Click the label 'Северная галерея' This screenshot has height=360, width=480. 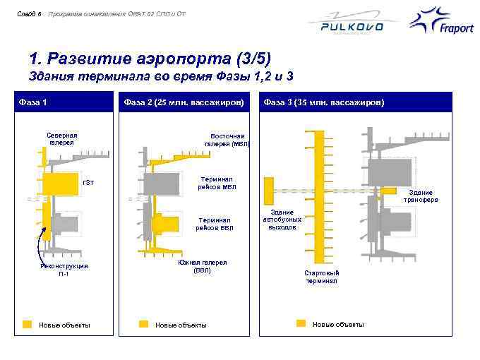[x=62, y=138]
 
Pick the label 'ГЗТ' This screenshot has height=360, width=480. [x=88, y=184]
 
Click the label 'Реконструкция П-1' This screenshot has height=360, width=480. [x=64, y=270]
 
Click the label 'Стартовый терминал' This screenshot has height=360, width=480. [x=322, y=277]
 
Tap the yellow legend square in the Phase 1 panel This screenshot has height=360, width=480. [x=28, y=324]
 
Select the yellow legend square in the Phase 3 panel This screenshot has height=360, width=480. [x=301, y=324]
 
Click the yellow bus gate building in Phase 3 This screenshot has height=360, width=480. [x=268, y=188]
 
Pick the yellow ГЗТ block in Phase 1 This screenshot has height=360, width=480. [x=60, y=184]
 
